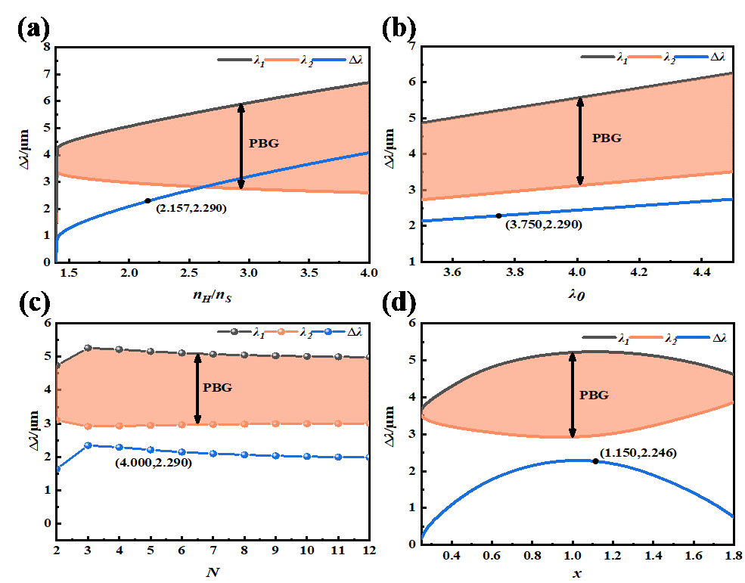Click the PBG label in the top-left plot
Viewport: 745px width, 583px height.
(x=264, y=143)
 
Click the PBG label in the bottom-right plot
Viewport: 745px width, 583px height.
(x=594, y=395)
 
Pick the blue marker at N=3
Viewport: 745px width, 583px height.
(x=88, y=445)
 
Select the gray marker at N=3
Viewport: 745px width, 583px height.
(x=88, y=348)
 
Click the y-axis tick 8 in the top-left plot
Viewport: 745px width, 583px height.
(x=47, y=47)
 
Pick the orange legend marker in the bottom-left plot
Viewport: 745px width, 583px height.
(x=280, y=332)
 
